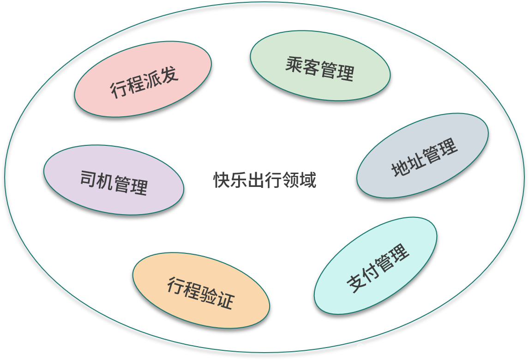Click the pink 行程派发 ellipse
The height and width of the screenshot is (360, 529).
[143, 79]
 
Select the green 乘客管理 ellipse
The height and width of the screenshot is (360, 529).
[320, 66]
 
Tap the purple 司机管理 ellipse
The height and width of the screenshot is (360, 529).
[114, 180]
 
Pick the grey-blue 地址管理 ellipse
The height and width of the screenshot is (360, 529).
[422, 155]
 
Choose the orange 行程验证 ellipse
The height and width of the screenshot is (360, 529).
[201, 290]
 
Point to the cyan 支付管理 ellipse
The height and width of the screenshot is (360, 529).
[375, 265]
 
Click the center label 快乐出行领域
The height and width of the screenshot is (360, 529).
[264, 180]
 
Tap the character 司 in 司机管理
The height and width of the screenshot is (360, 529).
[88, 178]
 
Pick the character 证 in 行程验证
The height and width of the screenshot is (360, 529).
[226, 300]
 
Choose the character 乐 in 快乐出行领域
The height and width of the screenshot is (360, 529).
[238, 180]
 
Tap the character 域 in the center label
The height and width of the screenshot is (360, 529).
[307, 180]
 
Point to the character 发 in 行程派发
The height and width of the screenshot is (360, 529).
[169, 74]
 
